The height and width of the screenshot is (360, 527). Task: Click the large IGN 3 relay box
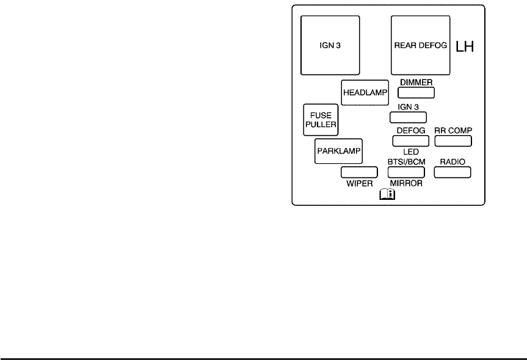click(330, 45)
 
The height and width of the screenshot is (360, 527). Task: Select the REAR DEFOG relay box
click(420, 45)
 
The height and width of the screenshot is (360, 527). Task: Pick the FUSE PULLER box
click(321, 119)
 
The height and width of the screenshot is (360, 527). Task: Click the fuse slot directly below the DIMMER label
click(416, 92)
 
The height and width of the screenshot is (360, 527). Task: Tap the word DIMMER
click(416, 81)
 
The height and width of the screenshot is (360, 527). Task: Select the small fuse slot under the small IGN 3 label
click(408, 117)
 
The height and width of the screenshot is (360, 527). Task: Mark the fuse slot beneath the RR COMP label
click(454, 141)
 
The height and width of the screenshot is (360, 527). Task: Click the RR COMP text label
click(454, 131)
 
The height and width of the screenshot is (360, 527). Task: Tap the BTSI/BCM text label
click(406, 161)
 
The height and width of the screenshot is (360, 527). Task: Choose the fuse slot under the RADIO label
click(453, 172)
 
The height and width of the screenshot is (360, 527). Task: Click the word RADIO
click(453, 161)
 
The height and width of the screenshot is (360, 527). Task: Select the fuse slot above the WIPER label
click(359, 172)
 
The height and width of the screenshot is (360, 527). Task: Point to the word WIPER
click(359, 183)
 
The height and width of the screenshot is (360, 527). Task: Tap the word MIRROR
click(406, 183)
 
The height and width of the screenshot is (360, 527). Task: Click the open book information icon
click(388, 195)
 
